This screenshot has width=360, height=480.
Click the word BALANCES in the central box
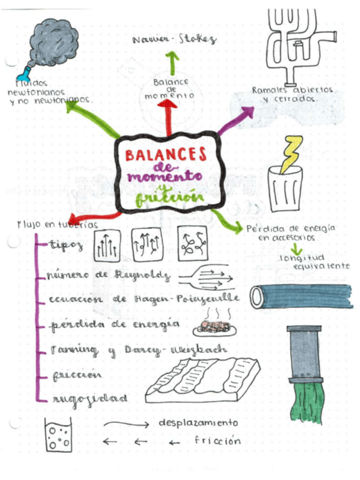(x=166, y=155)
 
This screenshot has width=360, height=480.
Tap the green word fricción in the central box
(x=169, y=197)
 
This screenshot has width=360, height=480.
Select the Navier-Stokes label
(x=174, y=40)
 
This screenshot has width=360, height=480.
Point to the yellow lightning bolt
(x=291, y=155)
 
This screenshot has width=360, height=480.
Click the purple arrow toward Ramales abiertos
(x=237, y=121)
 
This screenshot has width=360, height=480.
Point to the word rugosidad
(x=89, y=398)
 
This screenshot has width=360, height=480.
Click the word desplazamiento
(x=198, y=423)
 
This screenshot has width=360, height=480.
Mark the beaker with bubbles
(x=58, y=436)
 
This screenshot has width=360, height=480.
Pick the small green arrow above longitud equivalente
(x=298, y=248)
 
